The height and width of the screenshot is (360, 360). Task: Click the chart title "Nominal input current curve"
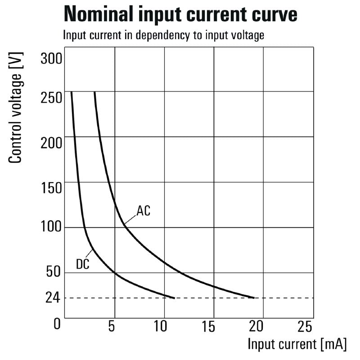click(180, 14)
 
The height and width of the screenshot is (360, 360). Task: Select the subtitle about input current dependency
click(163, 36)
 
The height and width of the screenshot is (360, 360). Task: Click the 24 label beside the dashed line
click(53, 298)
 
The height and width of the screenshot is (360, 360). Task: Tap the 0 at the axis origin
click(57, 324)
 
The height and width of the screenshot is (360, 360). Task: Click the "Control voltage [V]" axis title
click(16, 109)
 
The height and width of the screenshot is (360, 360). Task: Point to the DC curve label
click(82, 265)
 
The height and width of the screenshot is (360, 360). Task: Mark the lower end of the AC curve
click(254, 297)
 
